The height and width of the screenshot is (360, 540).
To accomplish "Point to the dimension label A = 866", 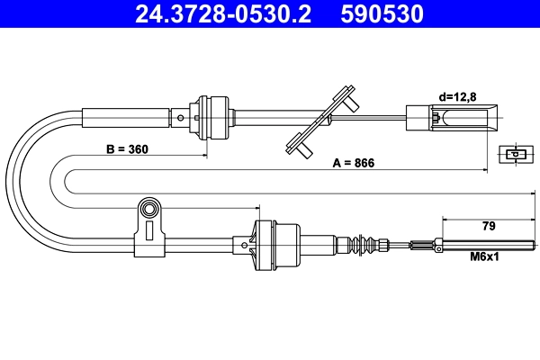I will (353, 163).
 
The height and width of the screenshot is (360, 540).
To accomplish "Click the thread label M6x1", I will (486, 256).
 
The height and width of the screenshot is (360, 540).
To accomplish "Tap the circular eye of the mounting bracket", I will (148, 211).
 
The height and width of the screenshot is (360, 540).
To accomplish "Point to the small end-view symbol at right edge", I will (515, 154).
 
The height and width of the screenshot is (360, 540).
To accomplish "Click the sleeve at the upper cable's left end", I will (126, 116).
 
